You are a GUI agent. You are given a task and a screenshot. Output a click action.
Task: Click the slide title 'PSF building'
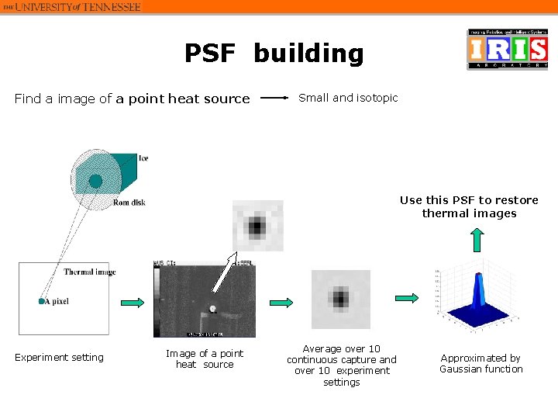coord(274,54)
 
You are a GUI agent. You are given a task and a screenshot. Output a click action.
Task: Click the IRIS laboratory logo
coord(507,50)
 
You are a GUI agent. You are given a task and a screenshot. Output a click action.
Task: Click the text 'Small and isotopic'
coord(348,98)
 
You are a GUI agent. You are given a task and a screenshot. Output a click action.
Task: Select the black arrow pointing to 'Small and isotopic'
coord(274,99)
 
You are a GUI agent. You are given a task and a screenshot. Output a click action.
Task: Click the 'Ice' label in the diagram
coord(143,158)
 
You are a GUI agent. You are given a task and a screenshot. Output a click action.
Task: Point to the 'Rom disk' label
coord(129,203)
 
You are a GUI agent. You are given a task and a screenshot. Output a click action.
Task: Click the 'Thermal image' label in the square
coord(89,272)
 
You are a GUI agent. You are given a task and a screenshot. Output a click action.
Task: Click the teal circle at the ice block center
coord(95,181)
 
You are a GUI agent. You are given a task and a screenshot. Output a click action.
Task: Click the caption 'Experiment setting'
coord(59,358)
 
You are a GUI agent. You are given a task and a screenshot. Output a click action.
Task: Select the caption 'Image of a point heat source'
coord(205,358)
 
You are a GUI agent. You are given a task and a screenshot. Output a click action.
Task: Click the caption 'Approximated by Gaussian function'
coord(480,363)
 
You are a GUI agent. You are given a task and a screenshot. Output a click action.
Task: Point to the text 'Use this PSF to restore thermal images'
coord(469,206)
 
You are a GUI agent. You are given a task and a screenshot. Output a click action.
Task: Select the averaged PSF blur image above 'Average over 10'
coord(340,299)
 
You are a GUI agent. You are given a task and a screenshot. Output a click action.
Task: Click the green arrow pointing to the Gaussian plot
coord(407,297)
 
